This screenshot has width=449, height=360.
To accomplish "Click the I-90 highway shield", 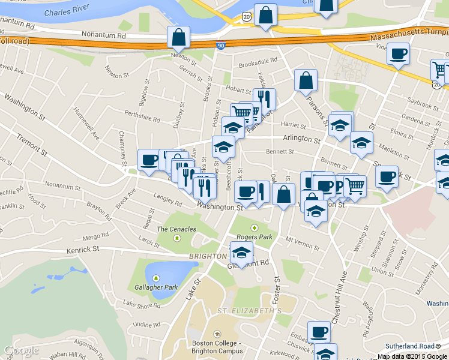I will tap(220, 46).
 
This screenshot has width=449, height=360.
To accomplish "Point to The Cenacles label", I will tap(176, 229).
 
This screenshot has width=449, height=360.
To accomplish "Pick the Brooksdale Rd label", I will tap(258, 61).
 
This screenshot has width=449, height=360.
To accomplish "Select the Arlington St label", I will tap(301, 139).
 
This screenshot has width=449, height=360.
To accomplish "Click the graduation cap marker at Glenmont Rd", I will tap(242, 252).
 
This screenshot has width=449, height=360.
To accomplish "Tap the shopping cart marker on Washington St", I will tap(355, 186).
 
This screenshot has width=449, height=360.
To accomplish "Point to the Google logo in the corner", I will tap(20, 350).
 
